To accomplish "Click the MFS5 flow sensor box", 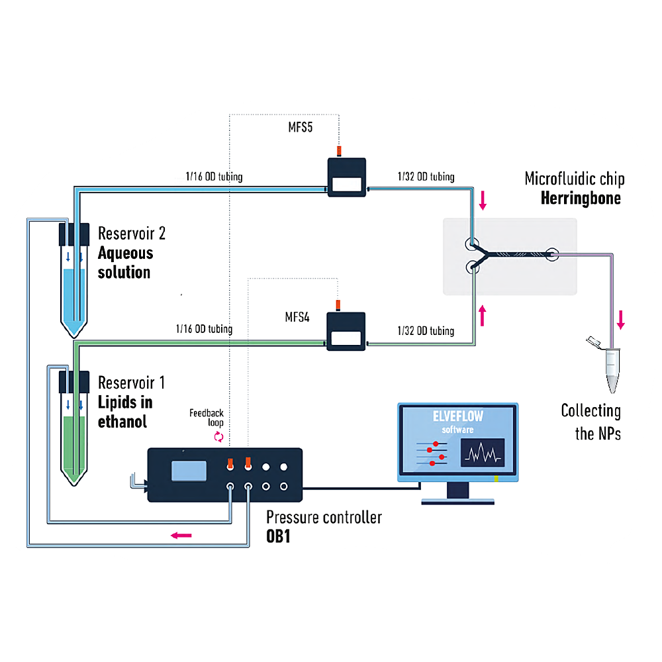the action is (x=347, y=177).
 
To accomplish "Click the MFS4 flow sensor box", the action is (x=346, y=332).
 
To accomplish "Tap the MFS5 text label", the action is (x=300, y=127).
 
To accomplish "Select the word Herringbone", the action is (x=581, y=198).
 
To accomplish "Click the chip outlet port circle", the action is (x=552, y=254).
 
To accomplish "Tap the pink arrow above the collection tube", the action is (x=621, y=320).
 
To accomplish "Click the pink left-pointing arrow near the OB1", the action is (x=181, y=536).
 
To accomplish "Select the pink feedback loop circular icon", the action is (x=218, y=436).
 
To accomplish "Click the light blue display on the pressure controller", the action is (x=189, y=471).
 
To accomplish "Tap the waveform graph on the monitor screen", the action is (x=483, y=453).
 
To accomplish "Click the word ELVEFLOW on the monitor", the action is (x=458, y=416).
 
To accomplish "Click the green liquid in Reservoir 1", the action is (x=74, y=448).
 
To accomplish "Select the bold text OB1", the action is (x=278, y=536).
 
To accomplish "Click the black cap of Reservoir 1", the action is (x=74, y=382).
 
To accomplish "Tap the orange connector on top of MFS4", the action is (x=338, y=305).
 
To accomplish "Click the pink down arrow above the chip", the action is (x=483, y=201).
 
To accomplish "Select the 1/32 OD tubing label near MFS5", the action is (x=426, y=177).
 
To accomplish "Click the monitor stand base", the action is (x=457, y=501).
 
